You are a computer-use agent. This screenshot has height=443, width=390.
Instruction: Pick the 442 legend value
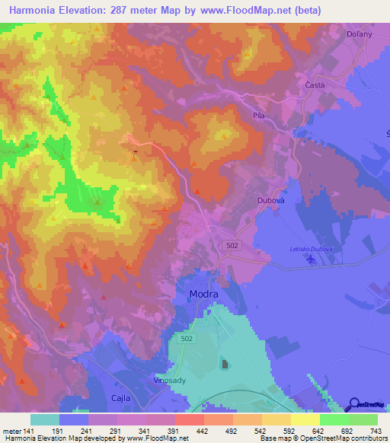pyautogui.click(x=203, y=430)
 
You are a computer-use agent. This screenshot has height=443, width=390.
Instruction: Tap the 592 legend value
pyautogui.click(x=292, y=430)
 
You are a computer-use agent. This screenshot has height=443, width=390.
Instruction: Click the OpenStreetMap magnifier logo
pyautogui.click(x=353, y=405)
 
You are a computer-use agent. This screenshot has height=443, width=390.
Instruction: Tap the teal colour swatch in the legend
pyautogui.click(x=45, y=419)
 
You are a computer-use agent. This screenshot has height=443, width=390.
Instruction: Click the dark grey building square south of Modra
pyautogui.click(x=225, y=365)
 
